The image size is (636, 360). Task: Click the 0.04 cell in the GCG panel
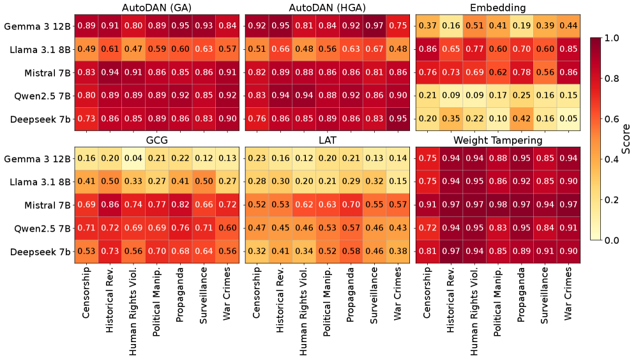[x=133, y=158]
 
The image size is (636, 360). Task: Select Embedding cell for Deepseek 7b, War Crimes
[x=566, y=118]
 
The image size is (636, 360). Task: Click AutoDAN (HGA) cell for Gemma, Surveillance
[x=374, y=26]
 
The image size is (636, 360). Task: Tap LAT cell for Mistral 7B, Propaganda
[x=350, y=205]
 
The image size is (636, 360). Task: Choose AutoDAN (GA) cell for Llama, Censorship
[x=87, y=49]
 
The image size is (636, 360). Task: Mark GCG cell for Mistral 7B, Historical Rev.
[x=110, y=205]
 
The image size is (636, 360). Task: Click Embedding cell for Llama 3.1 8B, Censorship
[x=427, y=49]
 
